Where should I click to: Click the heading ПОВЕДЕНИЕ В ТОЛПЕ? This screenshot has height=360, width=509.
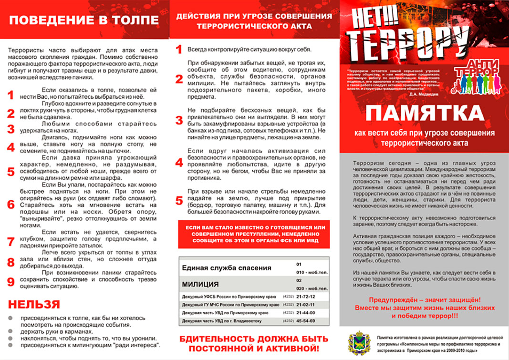click(84, 20)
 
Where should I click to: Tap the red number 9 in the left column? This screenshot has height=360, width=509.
click(11, 282)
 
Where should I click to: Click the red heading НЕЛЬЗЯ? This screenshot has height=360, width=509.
click(34, 305)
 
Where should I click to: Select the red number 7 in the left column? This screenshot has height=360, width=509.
click(11, 242)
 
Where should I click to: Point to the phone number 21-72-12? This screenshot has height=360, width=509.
click(306, 297)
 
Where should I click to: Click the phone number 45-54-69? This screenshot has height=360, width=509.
click(306, 321)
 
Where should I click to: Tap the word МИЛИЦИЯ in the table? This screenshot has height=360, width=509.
click(201, 284)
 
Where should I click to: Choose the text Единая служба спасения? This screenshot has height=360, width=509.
click(227, 268)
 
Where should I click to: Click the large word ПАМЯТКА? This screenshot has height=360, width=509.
click(424, 114)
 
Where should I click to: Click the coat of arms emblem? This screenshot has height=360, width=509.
click(356, 342)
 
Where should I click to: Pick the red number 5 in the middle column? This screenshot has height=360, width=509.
click(179, 201)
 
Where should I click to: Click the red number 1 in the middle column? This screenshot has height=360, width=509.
click(179, 49)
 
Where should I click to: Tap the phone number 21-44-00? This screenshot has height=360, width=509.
click(306, 313)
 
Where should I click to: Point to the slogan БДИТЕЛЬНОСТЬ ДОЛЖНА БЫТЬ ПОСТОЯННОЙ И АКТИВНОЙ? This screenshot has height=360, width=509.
click(253, 343)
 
